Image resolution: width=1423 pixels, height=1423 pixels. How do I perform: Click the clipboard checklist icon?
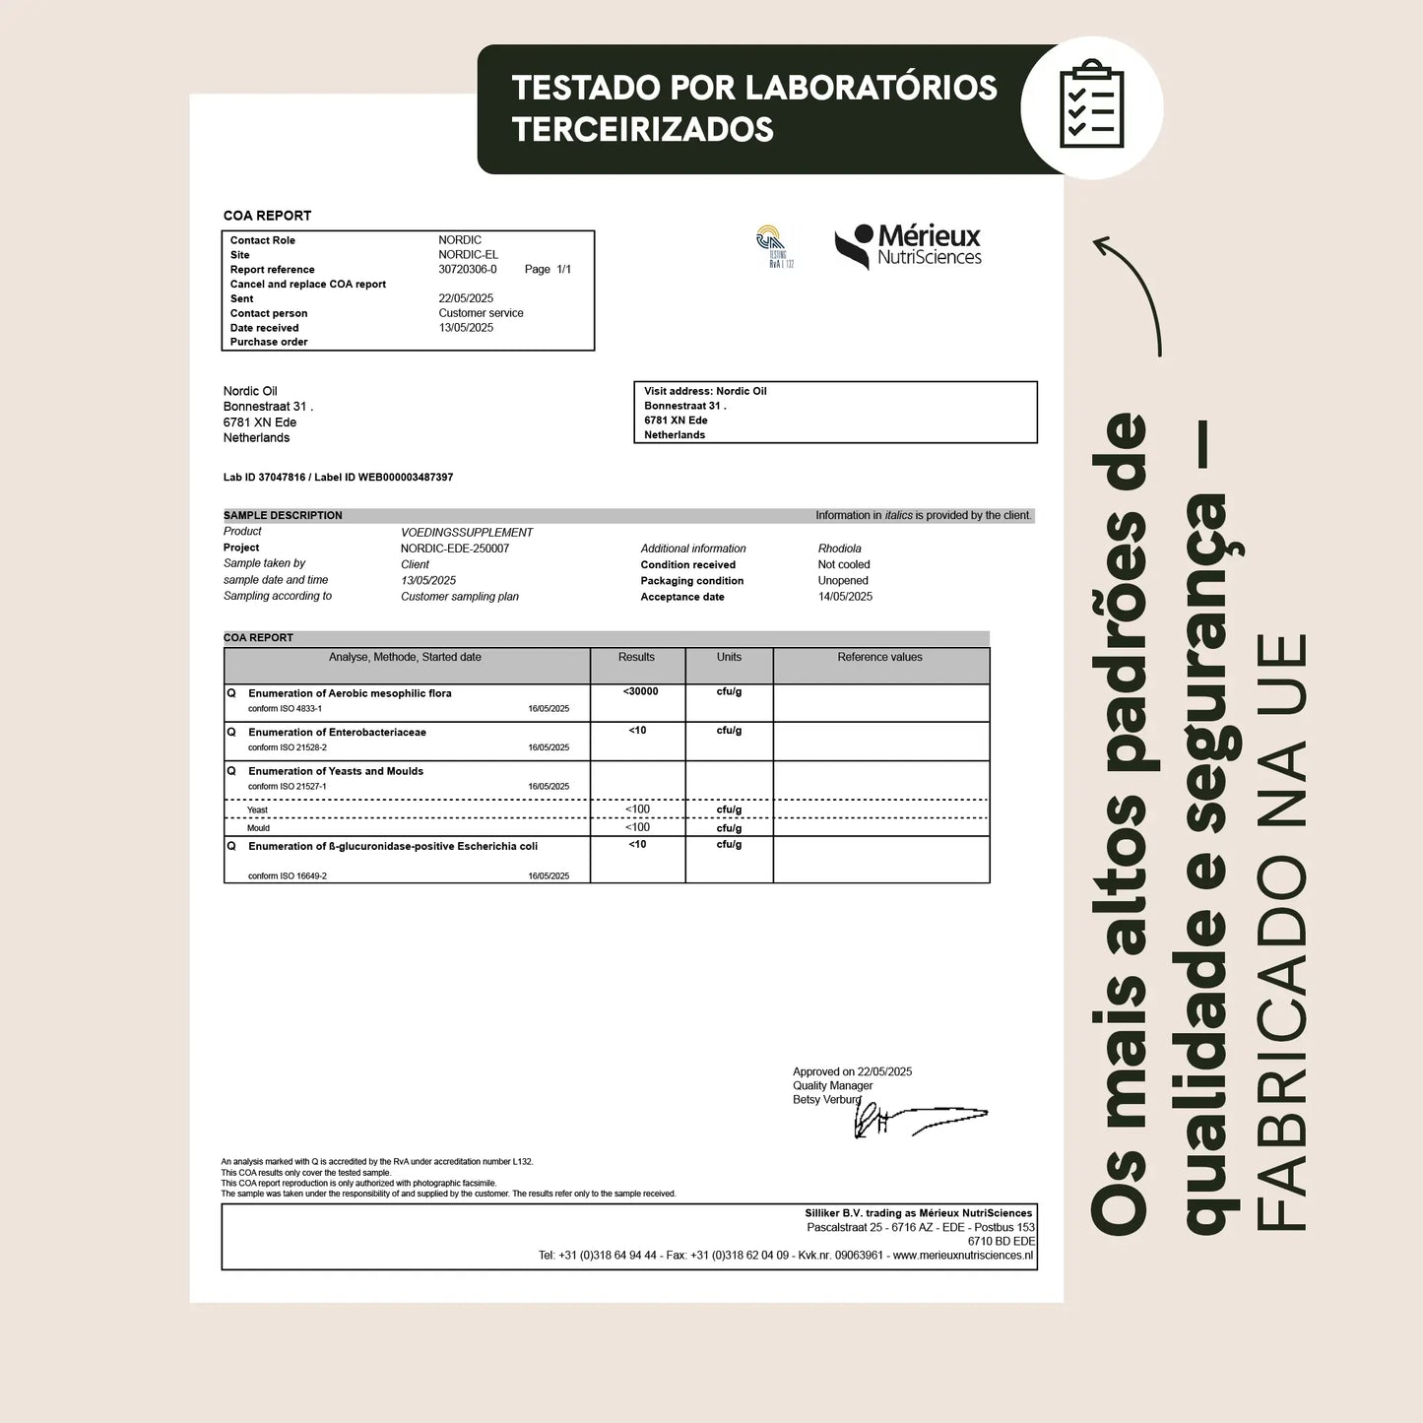[1091, 105]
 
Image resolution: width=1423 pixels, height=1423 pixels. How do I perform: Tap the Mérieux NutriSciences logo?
[908, 246]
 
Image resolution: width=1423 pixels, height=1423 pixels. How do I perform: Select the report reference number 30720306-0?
[468, 269]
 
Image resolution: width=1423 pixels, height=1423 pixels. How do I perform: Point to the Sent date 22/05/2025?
[466, 298]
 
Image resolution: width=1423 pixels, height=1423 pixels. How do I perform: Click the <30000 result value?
[640, 691]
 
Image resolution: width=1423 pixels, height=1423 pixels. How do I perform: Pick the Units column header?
[729, 657]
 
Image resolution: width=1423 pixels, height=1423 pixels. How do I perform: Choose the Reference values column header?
[879, 657]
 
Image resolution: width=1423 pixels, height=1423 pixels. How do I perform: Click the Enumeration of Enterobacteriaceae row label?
[337, 732]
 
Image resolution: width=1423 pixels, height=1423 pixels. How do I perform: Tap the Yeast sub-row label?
[257, 809]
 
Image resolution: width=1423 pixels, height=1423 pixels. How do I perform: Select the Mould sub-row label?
[258, 828]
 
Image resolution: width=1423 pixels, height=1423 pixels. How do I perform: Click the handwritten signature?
[916, 1119]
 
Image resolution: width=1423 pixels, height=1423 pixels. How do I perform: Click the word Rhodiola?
[839, 549]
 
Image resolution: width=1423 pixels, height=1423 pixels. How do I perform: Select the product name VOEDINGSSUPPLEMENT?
[467, 532]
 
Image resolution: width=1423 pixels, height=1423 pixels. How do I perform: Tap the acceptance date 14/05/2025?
[845, 597]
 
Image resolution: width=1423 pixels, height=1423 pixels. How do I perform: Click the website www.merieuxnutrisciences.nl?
[962, 1255]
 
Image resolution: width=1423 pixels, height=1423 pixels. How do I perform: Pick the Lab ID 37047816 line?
[338, 477]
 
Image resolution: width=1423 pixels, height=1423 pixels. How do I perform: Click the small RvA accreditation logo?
[774, 246]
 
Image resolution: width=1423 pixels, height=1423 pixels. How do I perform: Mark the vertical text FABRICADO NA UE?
[1281, 931]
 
